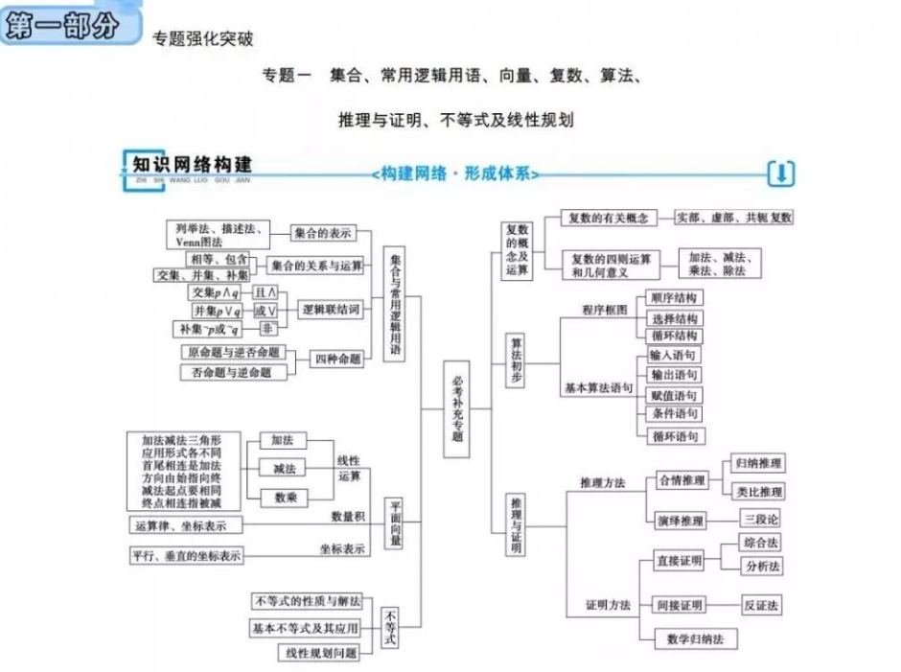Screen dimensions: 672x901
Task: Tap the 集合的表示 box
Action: tap(323, 233)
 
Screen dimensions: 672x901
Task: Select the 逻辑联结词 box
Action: tap(331, 310)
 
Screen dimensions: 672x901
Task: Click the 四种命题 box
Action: tap(338, 359)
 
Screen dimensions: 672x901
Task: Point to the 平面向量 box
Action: tap(395, 523)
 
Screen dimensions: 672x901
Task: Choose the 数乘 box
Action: tap(284, 498)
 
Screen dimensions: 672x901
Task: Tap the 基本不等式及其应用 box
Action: tap(306, 628)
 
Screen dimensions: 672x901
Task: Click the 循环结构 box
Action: tap(676, 336)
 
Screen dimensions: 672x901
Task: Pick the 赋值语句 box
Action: tap(676, 395)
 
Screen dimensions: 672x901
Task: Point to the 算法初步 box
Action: tap(517, 360)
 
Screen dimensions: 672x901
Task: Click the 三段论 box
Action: tap(761, 519)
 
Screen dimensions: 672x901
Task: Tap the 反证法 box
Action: tap(761, 605)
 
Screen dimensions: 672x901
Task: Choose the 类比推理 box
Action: tap(758, 491)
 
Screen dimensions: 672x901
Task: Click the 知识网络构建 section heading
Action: tap(192, 163)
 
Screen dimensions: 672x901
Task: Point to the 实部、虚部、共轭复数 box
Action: tap(733, 218)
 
